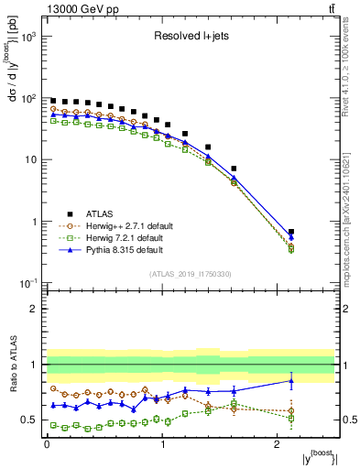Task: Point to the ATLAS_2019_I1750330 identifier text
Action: click(x=191, y=274)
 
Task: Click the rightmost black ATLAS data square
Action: click(x=291, y=233)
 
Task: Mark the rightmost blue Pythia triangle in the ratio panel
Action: click(x=291, y=381)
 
